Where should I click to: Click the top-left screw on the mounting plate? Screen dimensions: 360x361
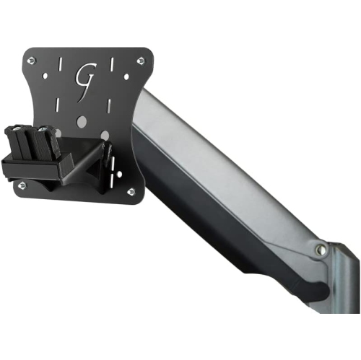pyautogui.click(x=31, y=61)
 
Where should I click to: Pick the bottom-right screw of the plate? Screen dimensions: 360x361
pyautogui.click(x=130, y=191)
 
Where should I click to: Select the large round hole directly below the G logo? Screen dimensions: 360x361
pyautogui.click(x=82, y=120)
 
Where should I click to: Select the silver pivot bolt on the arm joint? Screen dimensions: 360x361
pyautogui.click(x=321, y=250)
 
